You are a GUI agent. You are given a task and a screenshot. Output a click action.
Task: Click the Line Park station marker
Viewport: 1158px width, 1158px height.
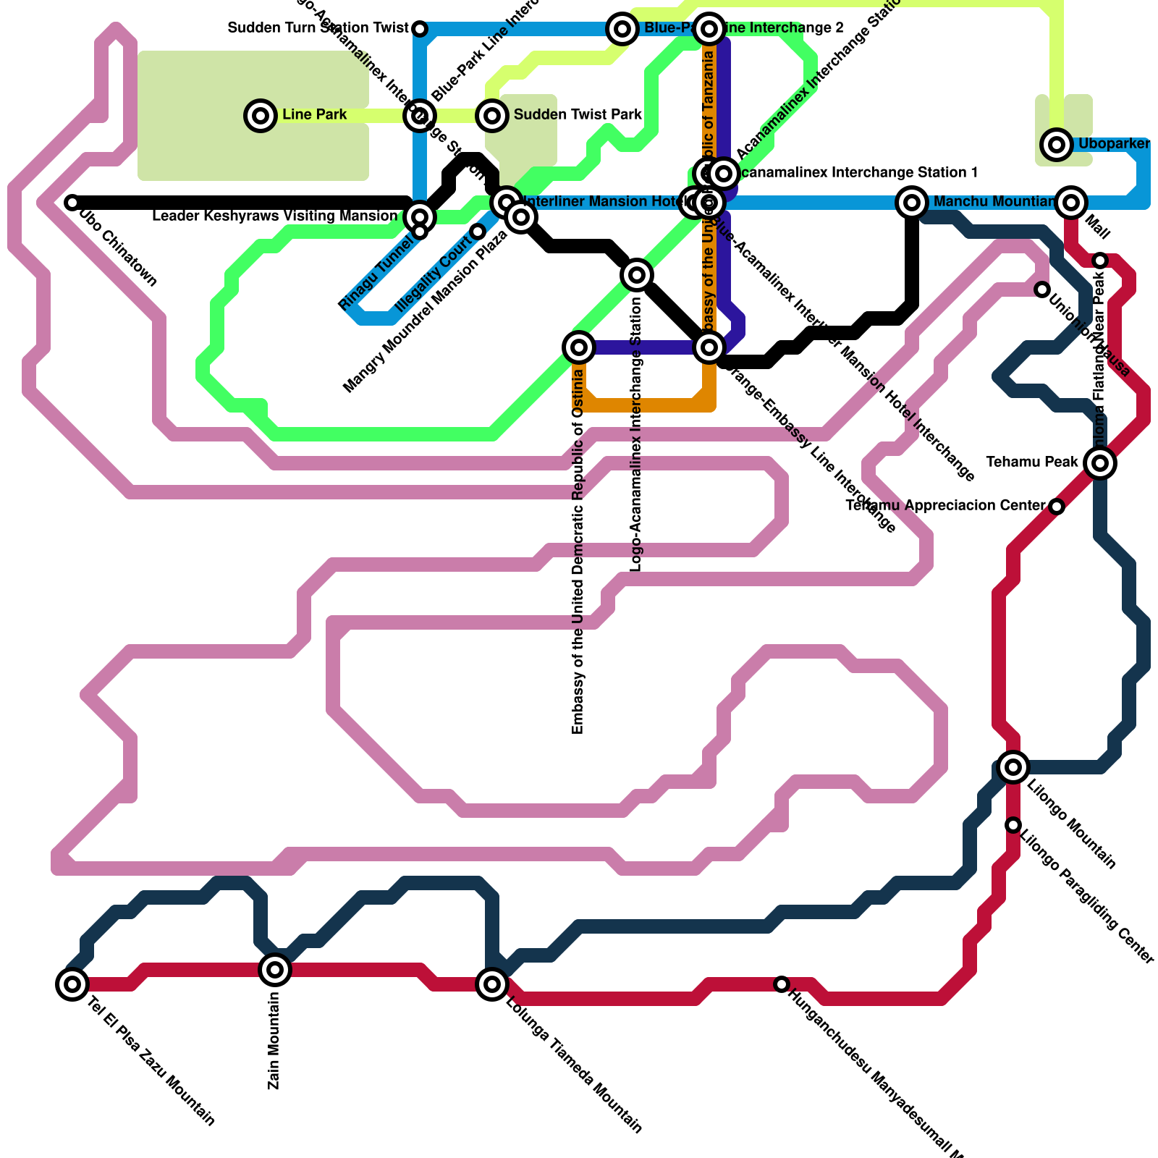[261, 115]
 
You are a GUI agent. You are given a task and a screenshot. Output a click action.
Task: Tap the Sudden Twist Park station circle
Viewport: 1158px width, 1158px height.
[492, 115]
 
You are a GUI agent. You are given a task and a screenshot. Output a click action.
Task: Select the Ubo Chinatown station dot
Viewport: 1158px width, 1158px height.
[72, 203]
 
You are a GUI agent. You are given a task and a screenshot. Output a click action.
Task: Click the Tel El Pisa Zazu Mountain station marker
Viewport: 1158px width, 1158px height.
[72, 984]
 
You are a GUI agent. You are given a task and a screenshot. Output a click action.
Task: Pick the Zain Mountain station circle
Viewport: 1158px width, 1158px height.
[275, 969]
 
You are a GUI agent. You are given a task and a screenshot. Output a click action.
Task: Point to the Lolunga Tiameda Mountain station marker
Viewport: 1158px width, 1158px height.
[492, 984]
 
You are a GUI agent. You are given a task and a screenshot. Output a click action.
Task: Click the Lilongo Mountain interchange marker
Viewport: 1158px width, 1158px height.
[1013, 766]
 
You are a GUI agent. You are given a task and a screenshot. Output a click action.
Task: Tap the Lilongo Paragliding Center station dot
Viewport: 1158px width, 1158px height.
[1013, 825]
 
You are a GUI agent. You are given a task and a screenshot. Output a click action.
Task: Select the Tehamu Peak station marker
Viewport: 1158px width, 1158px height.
[1100, 462]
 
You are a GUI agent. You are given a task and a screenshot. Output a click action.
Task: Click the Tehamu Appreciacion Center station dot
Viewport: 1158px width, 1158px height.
[1057, 507]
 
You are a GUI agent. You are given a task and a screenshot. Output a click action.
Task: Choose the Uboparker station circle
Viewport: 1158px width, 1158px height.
[1057, 145]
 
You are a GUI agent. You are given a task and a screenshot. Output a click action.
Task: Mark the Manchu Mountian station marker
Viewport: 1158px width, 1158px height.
[912, 203]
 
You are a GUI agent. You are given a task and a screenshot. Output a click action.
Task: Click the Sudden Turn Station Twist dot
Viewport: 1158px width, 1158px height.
[420, 29]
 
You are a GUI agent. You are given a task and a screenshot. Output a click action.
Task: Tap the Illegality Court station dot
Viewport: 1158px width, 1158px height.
[478, 232]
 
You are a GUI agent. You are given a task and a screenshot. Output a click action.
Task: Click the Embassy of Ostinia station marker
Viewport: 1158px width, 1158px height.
[578, 347]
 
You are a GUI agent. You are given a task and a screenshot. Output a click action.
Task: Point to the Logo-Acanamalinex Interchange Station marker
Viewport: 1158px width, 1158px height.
[637, 275]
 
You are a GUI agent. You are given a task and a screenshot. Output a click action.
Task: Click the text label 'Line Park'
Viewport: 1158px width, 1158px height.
[314, 115]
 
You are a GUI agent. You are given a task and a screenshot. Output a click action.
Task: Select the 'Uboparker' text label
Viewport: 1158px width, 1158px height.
[1114, 144]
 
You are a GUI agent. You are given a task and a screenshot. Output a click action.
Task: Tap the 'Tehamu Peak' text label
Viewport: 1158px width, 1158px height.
[1032, 462]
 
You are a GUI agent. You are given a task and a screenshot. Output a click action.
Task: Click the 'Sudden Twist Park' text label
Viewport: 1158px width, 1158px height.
[578, 115]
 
